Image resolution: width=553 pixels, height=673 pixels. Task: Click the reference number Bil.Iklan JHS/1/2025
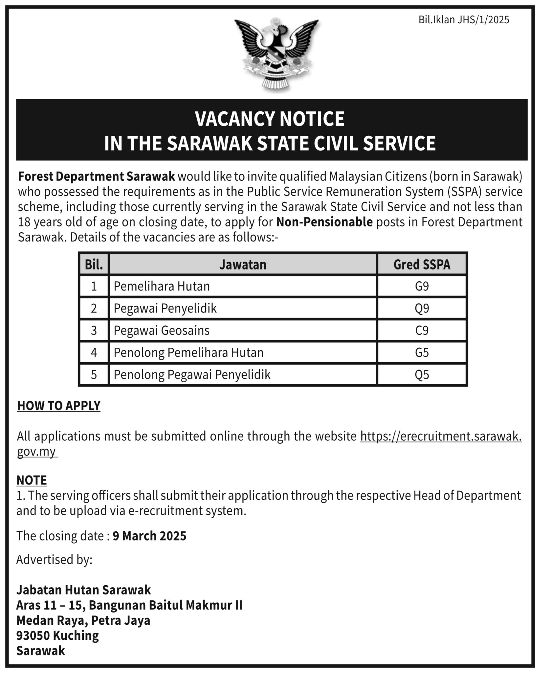click(x=463, y=20)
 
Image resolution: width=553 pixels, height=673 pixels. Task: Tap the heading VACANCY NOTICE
click(x=270, y=119)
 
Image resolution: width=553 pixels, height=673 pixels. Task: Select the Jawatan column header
click(x=243, y=265)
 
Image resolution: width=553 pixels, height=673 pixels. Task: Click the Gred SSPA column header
click(x=422, y=265)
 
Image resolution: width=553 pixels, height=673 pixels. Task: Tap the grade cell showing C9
click(x=422, y=331)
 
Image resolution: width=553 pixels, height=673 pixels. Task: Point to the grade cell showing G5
click(x=422, y=353)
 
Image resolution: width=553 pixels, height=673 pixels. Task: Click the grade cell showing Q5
click(x=422, y=375)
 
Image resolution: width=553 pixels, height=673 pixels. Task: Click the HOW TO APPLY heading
click(x=59, y=406)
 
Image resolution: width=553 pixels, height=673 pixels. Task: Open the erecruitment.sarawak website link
click(x=441, y=436)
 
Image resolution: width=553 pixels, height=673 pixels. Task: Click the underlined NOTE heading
click(x=32, y=480)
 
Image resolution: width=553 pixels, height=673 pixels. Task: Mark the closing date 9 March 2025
click(x=149, y=536)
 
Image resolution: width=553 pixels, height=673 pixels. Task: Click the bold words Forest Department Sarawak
click(x=97, y=177)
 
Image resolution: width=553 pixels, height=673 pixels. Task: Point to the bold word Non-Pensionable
click(x=324, y=222)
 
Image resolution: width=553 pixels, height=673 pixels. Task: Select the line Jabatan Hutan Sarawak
click(x=83, y=590)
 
